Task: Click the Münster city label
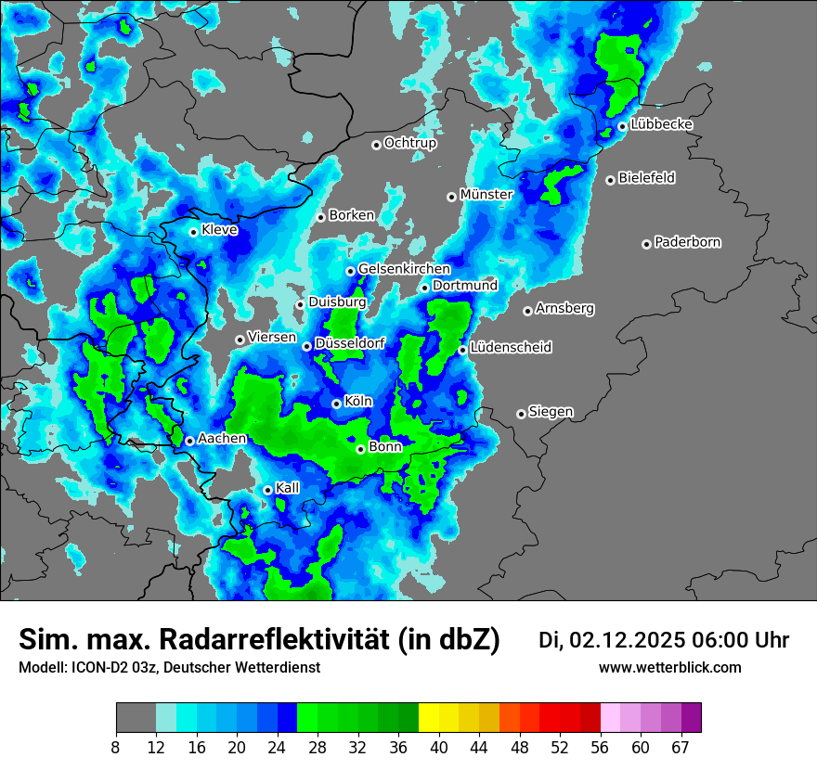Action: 486,195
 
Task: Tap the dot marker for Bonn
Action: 360,449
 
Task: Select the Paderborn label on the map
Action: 688,243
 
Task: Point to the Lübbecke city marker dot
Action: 622,126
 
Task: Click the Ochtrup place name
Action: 410,144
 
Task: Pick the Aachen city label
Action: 222,439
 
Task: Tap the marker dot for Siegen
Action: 521,414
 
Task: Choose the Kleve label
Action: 220,230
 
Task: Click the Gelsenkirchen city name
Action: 404,269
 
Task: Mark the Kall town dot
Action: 267,490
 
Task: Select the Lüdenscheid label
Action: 511,348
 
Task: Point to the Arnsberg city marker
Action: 527,311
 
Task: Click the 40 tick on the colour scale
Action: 438,747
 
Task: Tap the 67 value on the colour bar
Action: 681,747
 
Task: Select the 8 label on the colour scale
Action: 116,747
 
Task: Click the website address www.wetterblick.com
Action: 669,667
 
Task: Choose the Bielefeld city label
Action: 646,178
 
